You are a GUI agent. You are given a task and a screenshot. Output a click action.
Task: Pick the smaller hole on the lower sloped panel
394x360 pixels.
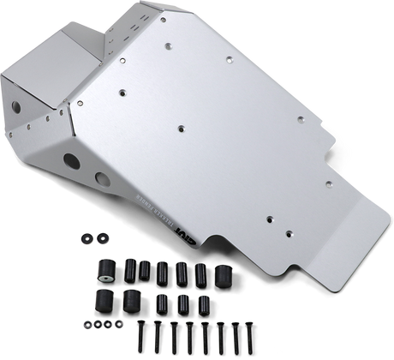[x=102, y=178]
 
